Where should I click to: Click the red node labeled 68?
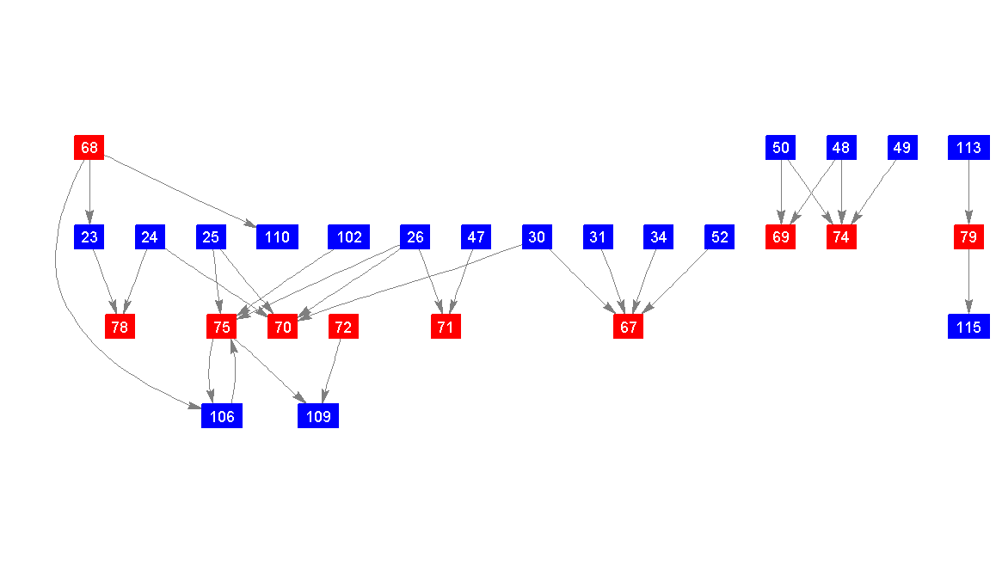(89, 148)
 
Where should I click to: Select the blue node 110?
(277, 237)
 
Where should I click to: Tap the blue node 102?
(349, 237)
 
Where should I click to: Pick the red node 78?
(120, 327)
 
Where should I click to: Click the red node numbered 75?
(222, 327)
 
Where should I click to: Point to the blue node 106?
(222, 416)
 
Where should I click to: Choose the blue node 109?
(318, 416)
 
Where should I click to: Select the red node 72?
(343, 327)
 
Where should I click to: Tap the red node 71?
(446, 327)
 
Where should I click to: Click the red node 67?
(628, 327)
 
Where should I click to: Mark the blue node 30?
(537, 237)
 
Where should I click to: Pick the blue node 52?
(719, 237)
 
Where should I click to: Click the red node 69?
(780, 237)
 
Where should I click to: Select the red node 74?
(841, 237)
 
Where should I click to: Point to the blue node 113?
(968, 148)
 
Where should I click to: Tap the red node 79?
(968, 237)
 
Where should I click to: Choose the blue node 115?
(968, 327)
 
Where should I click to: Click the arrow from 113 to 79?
(968, 193)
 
